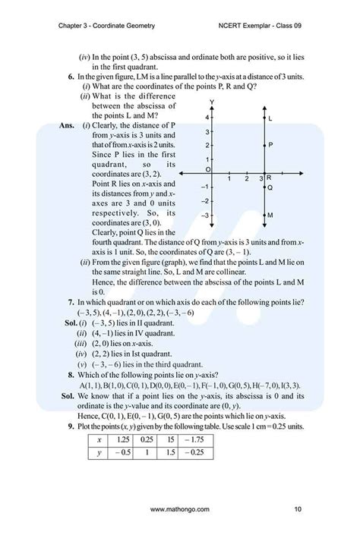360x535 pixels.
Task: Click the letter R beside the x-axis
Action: point(270,177)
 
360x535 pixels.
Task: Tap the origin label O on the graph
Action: point(207,169)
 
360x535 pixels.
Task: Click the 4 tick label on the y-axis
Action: point(207,119)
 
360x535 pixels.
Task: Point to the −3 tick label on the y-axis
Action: point(205,216)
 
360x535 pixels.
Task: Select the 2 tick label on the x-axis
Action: point(246,179)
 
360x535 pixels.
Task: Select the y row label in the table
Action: point(99,453)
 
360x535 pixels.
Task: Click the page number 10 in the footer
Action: point(298,508)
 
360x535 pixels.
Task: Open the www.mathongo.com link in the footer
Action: point(180,508)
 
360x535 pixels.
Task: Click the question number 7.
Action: point(71,302)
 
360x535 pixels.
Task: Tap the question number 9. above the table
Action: point(71,426)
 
